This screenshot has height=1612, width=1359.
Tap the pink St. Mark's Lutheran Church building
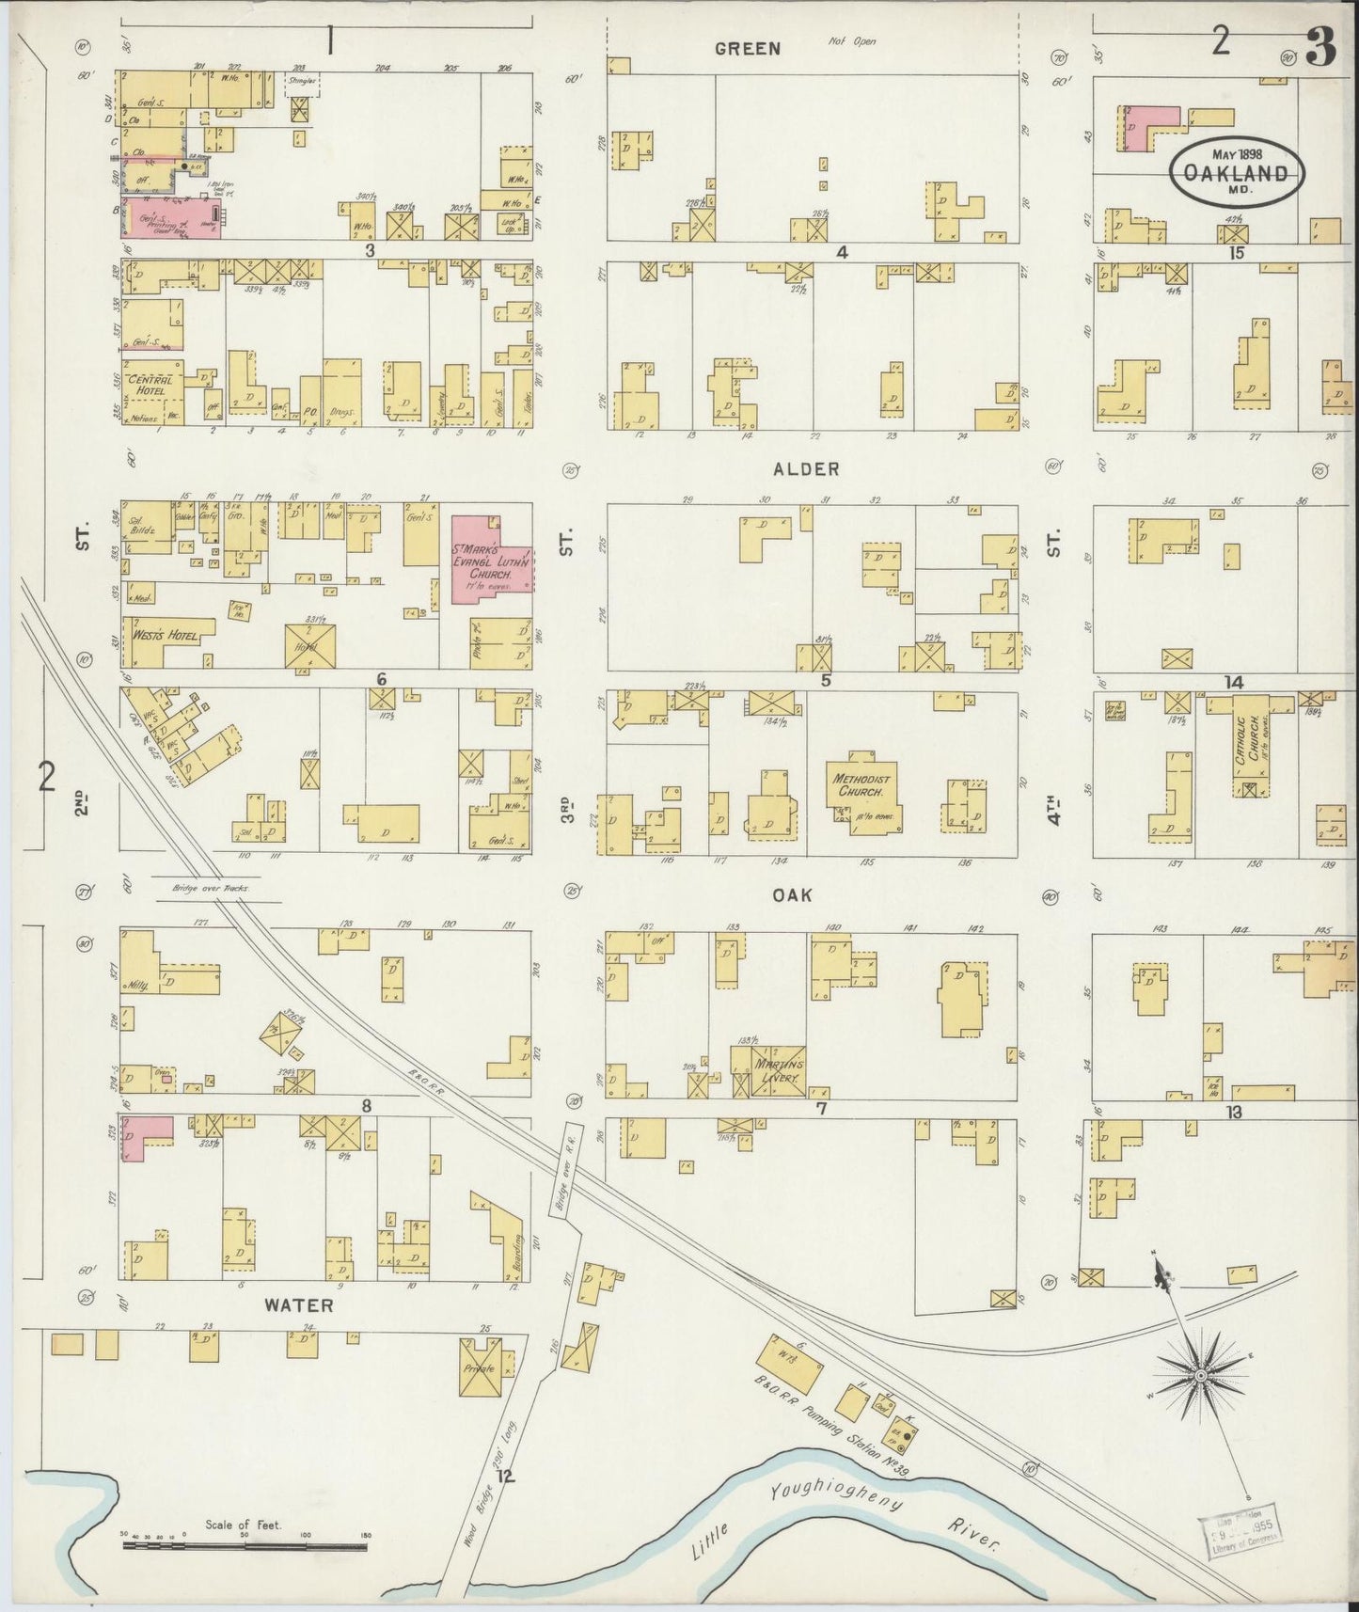click(x=491, y=558)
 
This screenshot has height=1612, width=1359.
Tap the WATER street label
click(x=298, y=1304)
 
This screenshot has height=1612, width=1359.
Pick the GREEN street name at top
click(x=747, y=49)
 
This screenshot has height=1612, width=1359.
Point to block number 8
click(x=367, y=1106)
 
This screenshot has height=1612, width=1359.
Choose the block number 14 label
click(x=1234, y=682)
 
